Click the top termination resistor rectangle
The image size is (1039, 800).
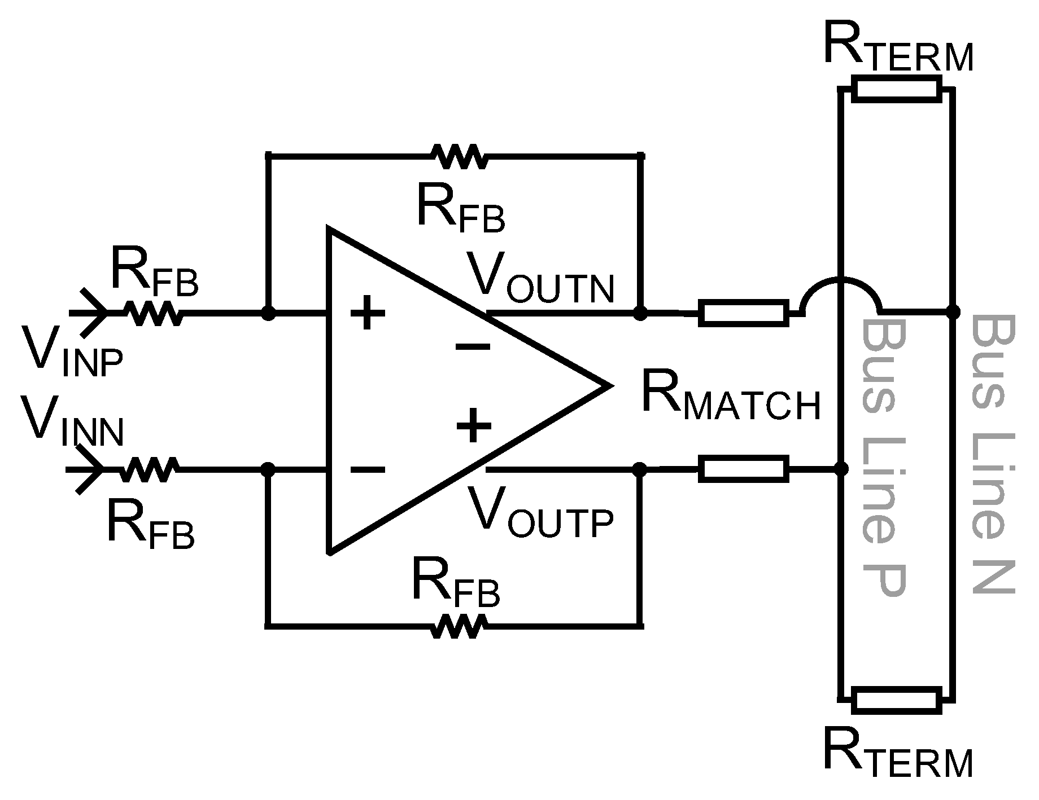pos(896,89)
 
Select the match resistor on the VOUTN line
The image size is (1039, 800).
pos(743,313)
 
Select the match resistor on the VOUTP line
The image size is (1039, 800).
pos(743,469)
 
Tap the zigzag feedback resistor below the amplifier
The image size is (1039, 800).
pos(459,626)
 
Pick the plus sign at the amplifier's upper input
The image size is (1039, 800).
pos(368,312)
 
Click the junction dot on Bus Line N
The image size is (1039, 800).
pos(953,311)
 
